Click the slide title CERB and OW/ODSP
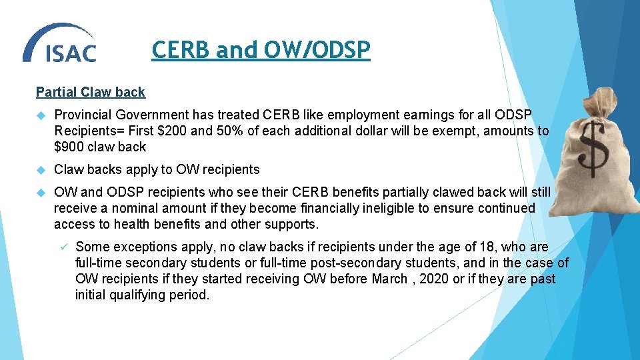(x=261, y=50)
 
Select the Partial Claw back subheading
(x=90, y=92)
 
